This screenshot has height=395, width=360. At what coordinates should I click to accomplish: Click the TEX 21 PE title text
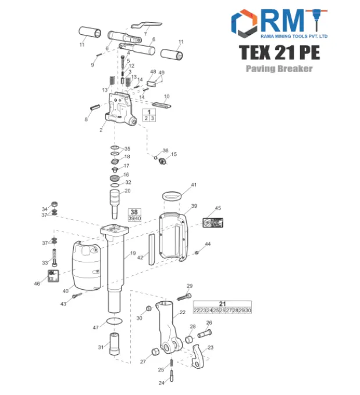(279, 52)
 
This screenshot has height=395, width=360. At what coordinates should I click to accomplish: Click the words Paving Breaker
(279, 69)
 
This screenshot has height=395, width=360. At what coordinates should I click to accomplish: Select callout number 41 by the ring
(194, 185)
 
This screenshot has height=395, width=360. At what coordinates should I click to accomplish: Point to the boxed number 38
(134, 212)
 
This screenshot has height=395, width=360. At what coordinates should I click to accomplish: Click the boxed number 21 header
(222, 304)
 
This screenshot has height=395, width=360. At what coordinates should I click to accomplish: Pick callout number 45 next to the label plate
(218, 208)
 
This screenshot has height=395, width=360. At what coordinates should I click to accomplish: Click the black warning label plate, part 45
(212, 222)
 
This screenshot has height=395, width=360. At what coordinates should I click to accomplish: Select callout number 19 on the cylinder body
(133, 254)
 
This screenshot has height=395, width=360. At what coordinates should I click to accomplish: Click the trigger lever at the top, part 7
(145, 26)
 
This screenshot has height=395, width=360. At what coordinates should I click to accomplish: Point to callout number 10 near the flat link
(166, 97)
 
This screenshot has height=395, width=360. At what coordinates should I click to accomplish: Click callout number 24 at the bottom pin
(162, 383)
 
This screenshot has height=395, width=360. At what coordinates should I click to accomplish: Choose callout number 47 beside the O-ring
(96, 328)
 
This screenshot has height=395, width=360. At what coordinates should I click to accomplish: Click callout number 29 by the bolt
(189, 286)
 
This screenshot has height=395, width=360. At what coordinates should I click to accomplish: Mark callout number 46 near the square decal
(37, 284)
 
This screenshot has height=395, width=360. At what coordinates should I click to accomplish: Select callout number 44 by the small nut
(208, 244)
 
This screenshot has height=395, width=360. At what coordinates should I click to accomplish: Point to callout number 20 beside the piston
(128, 191)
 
